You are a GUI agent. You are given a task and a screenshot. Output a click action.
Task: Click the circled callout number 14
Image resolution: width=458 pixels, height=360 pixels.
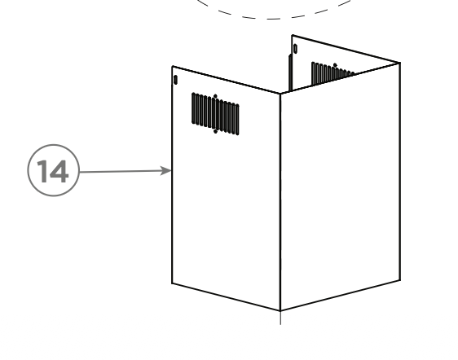pyautogui.click(x=54, y=170)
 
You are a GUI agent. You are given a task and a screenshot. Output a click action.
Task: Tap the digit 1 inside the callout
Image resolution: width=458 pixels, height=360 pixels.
pyautogui.click(x=44, y=171)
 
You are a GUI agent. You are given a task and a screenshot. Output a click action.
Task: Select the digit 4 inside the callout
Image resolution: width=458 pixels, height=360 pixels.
pyautogui.click(x=59, y=171)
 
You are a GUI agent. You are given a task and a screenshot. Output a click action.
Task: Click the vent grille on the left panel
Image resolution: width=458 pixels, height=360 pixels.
pyautogui.click(x=215, y=114)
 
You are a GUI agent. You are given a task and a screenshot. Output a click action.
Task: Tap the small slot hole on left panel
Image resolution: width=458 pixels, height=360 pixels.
pyautogui.click(x=175, y=80)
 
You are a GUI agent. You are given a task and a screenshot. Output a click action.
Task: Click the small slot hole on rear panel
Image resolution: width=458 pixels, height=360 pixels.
pyautogui.click(x=295, y=49)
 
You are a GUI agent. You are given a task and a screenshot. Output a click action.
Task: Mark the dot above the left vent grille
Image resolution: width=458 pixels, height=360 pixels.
pyautogui.click(x=216, y=96)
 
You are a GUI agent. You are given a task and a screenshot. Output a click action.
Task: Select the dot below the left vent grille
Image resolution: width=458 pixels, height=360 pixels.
pyautogui.click(x=216, y=132)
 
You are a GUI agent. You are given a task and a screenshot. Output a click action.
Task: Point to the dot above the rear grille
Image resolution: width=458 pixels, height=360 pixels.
pyautogui.click(x=335, y=65)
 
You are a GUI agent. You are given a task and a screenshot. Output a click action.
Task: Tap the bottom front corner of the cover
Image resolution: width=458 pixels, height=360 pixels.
pyautogui.click(x=280, y=310)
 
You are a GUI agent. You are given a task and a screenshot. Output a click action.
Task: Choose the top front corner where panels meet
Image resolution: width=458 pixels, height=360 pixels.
pyautogui.click(x=280, y=94)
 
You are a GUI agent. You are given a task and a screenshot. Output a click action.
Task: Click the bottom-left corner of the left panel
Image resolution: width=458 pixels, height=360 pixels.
pyautogui.click(x=172, y=283)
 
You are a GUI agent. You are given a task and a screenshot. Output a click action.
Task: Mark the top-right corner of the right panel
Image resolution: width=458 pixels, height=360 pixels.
pyautogui.click(x=399, y=63)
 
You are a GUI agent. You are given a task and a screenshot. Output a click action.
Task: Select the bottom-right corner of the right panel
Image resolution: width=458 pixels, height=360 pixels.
pyautogui.click(x=399, y=280)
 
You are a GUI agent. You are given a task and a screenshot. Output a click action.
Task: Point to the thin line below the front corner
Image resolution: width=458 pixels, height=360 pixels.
pyautogui.click(x=280, y=318)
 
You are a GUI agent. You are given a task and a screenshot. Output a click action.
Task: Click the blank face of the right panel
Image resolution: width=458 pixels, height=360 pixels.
pyautogui.click(x=340, y=187)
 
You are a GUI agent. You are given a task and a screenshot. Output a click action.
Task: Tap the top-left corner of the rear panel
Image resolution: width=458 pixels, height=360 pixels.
pyautogui.click(x=293, y=36)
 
